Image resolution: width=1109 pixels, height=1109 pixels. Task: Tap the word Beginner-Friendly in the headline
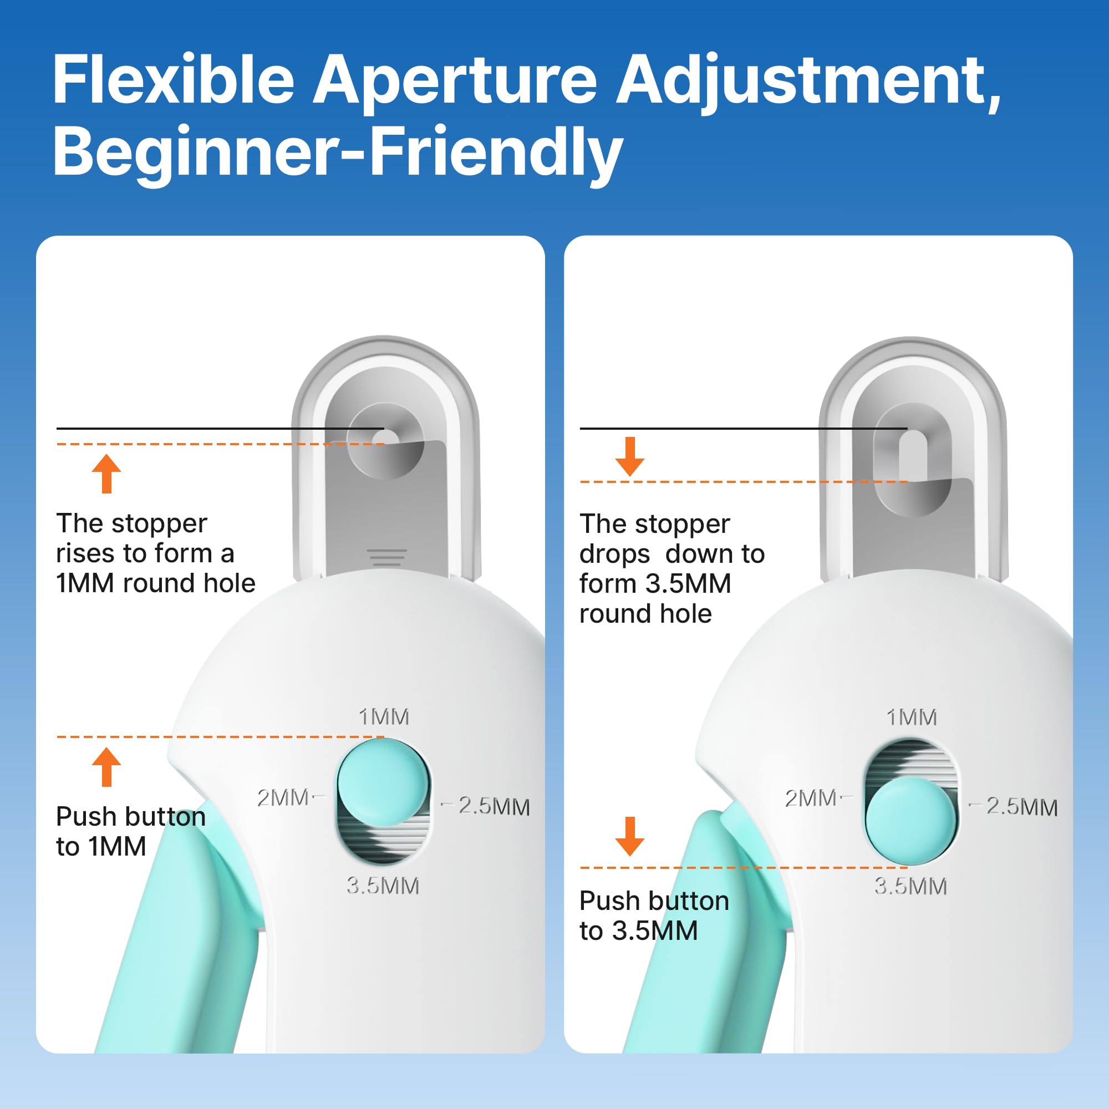click(338, 152)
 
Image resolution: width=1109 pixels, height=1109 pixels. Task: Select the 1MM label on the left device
click(384, 717)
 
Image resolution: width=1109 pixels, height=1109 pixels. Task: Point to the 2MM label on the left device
click(283, 798)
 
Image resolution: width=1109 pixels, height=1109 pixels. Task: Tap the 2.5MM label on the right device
click(1022, 807)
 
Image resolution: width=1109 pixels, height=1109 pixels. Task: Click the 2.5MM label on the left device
click(494, 806)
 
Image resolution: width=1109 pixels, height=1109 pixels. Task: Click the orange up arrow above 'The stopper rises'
click(106, 474)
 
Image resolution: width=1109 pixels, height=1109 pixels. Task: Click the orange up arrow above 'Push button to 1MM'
click(106, 767)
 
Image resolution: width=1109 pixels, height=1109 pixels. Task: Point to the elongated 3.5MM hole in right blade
click(912, 459)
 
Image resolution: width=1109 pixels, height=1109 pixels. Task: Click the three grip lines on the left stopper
click(386, 557)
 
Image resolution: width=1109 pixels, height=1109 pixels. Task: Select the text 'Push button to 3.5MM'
click(653, 915)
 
